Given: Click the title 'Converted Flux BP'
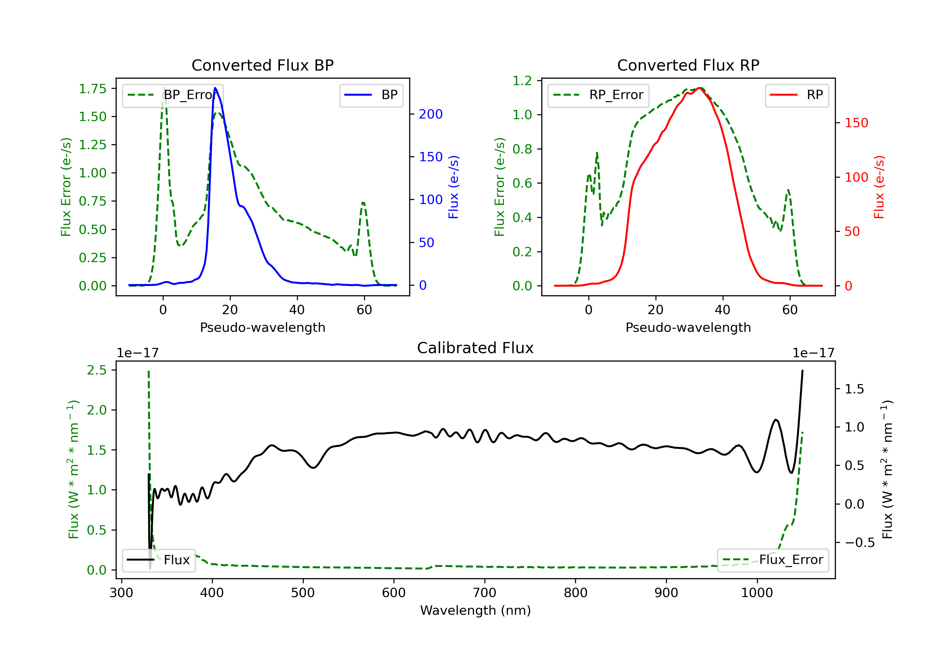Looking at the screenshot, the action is pos(262,65).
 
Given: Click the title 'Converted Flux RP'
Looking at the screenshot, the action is pos(688,65).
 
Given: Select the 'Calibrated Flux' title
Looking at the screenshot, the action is pos(475,348).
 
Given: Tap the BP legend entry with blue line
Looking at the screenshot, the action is pos(371,95).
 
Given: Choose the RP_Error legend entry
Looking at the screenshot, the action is pos(598,95).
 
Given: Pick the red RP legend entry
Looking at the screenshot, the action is pos(797,95).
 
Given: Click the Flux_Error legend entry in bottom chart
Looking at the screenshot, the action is pos(773,560).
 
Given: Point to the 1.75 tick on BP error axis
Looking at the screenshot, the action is pos(92,89).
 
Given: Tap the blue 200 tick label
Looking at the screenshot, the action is pos(431,114).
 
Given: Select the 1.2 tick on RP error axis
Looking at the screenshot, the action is pos(522,81).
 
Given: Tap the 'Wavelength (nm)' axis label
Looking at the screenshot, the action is pos(475,610).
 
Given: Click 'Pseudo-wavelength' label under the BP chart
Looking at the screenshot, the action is pos(262,327).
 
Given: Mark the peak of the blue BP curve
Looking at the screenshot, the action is pos(215,88).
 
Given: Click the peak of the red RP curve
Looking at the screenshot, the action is pos(699,88).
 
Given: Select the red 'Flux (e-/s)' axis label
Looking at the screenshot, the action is pos(879,187).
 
